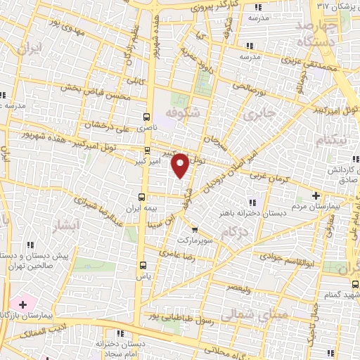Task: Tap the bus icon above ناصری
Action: click(x=146, y=117)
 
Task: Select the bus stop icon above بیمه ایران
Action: click(x=143, y=196)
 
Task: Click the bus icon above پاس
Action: click(x=143, y=265)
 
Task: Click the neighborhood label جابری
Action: click(x=254, y=112)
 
